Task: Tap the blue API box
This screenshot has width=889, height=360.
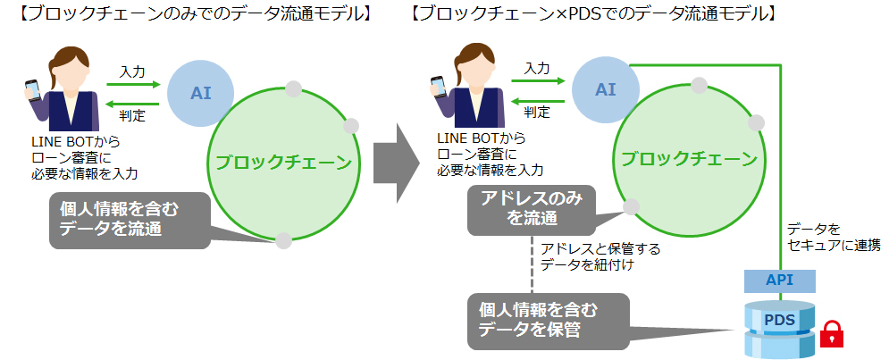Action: (780, 280)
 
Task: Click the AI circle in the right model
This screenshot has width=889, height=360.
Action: (606, 88)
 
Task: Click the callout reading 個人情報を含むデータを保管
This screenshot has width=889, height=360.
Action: (546, 320)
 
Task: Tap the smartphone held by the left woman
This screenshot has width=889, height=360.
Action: (32, 90)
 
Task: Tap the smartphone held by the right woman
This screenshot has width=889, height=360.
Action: (438, 86)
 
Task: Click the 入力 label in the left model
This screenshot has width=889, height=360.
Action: (132, 70)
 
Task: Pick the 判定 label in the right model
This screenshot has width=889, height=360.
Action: (537, 112)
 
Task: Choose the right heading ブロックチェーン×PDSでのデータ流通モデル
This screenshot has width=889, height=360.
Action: (593, 16)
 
